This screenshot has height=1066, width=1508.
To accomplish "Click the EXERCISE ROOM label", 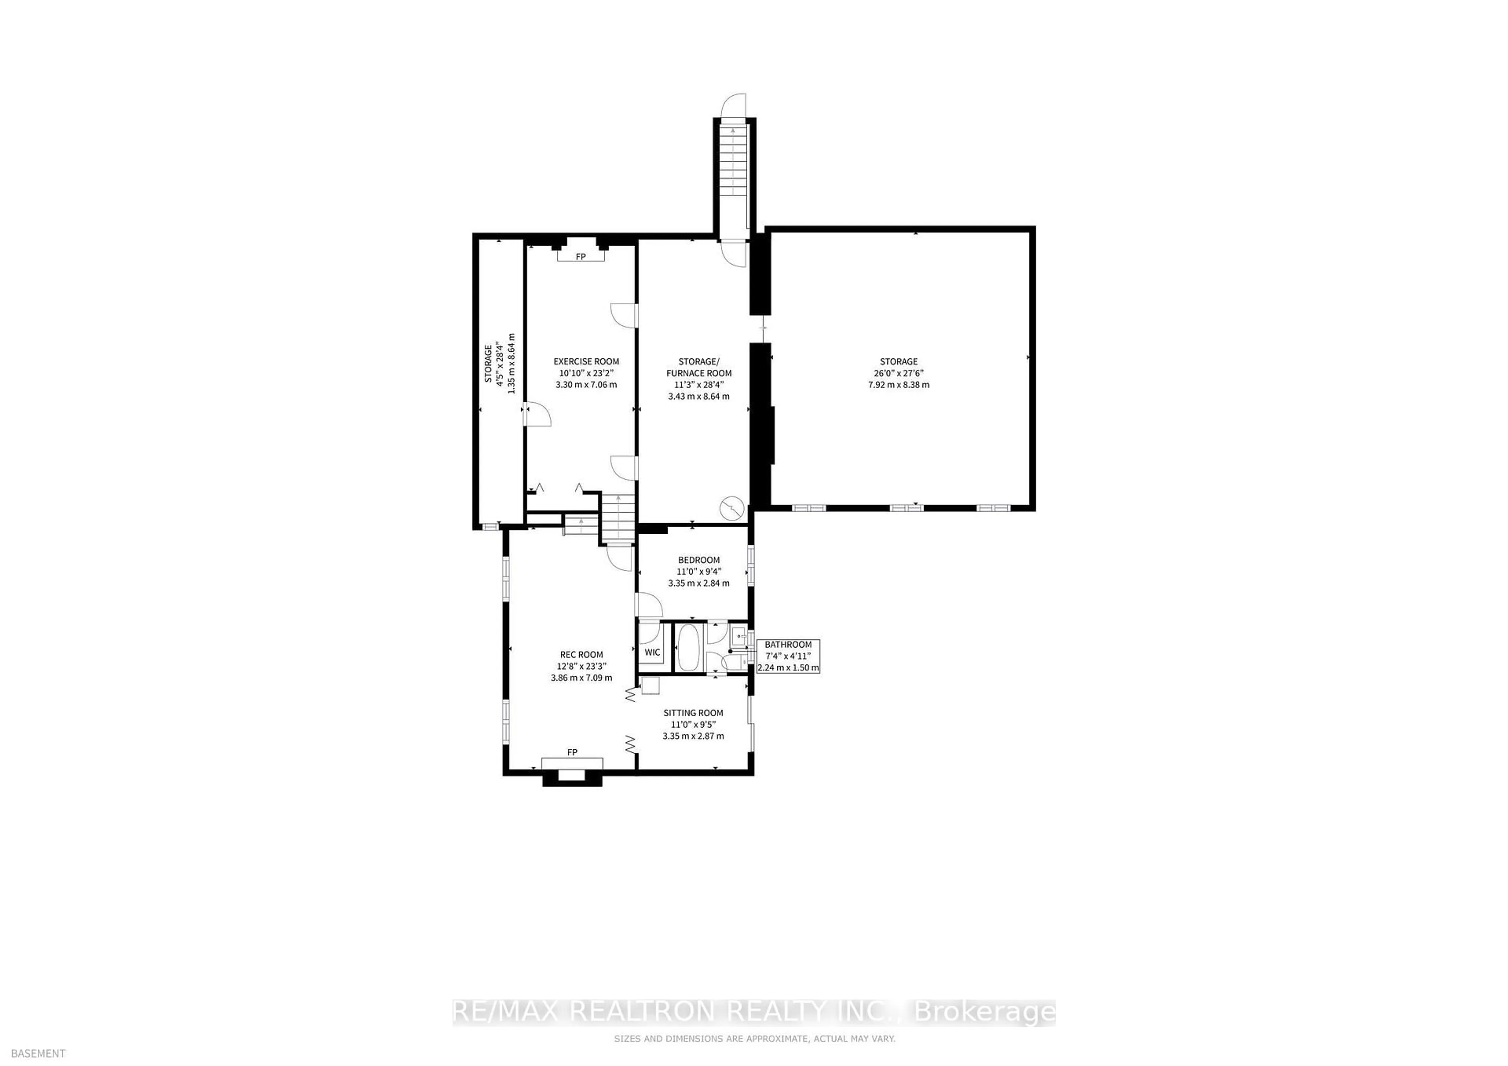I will [x=586, y=361].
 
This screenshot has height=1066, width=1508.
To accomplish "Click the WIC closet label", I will [x=652, y=652].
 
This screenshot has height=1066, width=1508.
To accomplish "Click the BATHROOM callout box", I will [x=788, y=656].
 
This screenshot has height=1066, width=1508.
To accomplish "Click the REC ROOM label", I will [x=581, y=654].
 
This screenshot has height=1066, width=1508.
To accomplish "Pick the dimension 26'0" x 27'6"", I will [x=899, y=373].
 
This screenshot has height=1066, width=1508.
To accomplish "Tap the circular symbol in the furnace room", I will [x=732, y=507].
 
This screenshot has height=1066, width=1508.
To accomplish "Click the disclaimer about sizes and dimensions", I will [x=754, y=1039].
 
